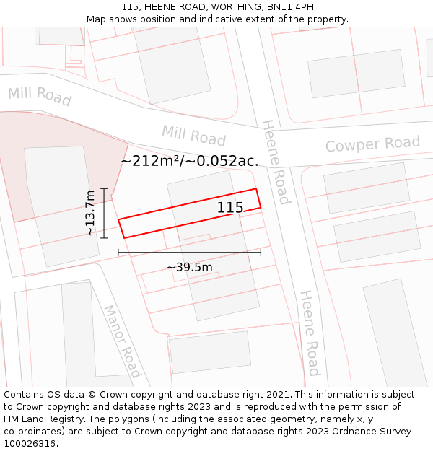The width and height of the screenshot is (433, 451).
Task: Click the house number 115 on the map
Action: [x=230, y=208]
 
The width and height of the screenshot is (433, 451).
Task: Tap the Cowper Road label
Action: [x=372, y=144]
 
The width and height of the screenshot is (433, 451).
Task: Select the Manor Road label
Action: [x=121, y=341]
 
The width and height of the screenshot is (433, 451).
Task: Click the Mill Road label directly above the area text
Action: [x=193, y=135]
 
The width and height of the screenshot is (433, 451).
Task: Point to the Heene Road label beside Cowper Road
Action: [x=276, y=162]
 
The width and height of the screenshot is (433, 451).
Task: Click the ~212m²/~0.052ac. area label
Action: [x=189, y=161]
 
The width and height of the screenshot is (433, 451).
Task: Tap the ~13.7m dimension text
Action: [x=90, y=213]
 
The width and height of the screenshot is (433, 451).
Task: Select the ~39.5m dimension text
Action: [x=190, y=267]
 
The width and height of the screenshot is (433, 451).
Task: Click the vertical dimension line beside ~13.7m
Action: [x=104, y=213]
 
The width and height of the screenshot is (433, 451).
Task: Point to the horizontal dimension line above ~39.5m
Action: [x=189, y=252]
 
